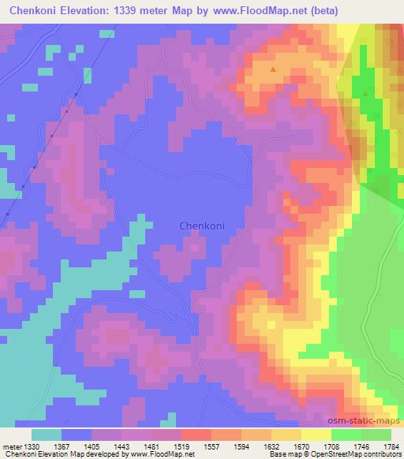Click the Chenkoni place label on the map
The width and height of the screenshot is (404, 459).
[202, 226]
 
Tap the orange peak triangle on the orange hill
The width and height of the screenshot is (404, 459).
[273, 69]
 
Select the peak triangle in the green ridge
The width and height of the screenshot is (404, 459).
[365, 94]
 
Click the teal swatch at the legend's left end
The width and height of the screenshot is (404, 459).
[47, 435]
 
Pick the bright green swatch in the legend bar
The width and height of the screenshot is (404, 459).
[346, 435]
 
